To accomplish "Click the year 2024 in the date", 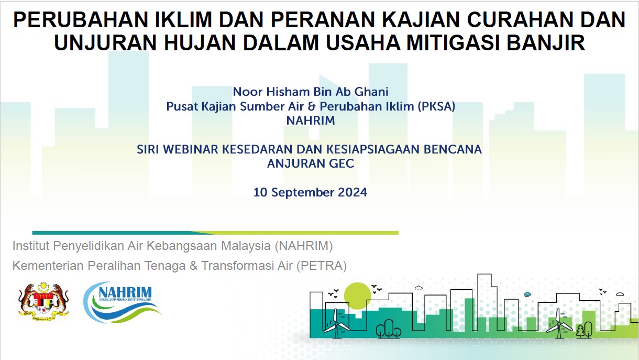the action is [352, 192].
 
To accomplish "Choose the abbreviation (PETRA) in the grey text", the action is [322, 266].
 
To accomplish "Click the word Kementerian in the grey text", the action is [48, 266].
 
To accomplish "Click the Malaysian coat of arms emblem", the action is [43, 301].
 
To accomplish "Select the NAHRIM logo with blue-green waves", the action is [122, 302].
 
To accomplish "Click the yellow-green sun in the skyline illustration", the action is [357, 296].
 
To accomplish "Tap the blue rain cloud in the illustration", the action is [527, 294].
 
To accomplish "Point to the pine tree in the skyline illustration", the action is [580, 331].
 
